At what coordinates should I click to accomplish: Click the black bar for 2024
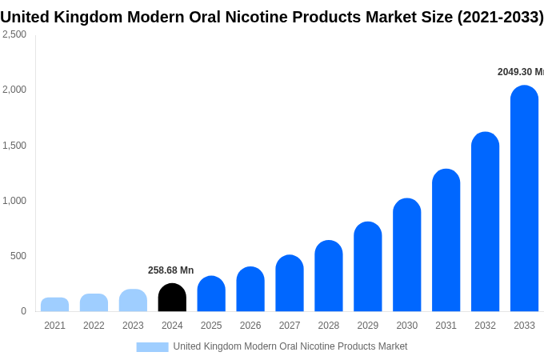(172, 298)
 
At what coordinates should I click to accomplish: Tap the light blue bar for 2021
(54, 305)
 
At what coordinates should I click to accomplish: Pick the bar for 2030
(406, 255)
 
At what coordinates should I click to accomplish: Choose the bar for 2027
(290, 283)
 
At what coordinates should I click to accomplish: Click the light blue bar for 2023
(133, 301)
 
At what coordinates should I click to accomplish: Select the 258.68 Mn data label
(170, 270)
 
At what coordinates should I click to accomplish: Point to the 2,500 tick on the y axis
(14, 34)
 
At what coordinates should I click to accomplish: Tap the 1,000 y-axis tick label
(14, 201)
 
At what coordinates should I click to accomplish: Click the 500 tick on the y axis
(18, 256)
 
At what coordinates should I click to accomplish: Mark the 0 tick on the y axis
(23, 311)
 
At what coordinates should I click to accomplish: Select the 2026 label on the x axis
(250, 326)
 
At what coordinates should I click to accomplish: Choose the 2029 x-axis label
(368, 326)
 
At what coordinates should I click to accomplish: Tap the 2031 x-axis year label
(446, 326)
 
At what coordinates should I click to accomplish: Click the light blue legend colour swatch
(152, 347)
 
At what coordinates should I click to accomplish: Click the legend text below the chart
(290, 346)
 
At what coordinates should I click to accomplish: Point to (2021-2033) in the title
(500, 17)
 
